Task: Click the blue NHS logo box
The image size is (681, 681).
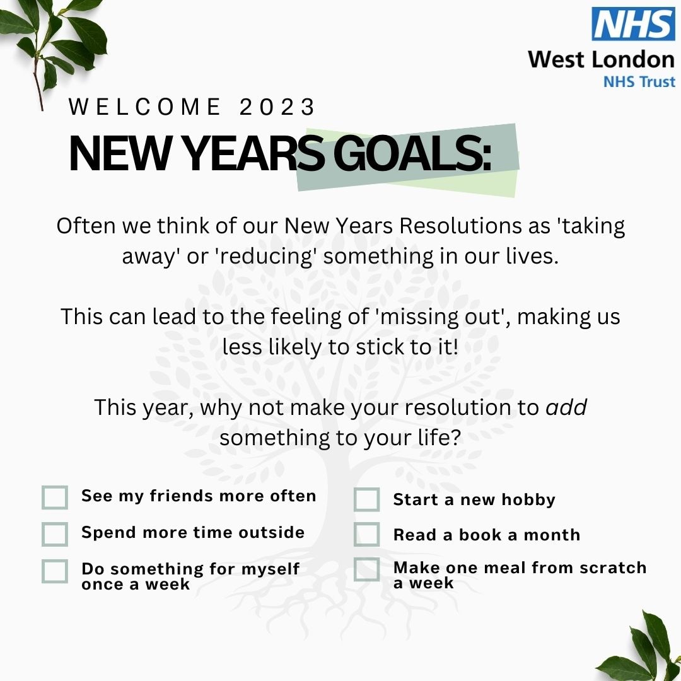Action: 633,24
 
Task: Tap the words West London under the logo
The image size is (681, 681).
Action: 601,60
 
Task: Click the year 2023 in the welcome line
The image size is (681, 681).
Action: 277,108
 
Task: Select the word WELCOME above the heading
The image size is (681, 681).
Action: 144,108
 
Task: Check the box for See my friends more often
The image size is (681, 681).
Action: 55,497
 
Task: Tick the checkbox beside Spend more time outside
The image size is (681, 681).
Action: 55,533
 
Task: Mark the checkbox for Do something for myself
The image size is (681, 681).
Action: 55,571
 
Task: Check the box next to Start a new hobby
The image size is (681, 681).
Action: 366,500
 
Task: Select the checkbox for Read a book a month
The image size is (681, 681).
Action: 366,534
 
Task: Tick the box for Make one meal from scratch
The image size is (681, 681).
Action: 366,569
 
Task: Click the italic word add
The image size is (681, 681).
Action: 566,407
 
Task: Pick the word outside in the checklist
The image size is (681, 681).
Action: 271,532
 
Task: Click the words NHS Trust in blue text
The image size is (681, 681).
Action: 639,81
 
